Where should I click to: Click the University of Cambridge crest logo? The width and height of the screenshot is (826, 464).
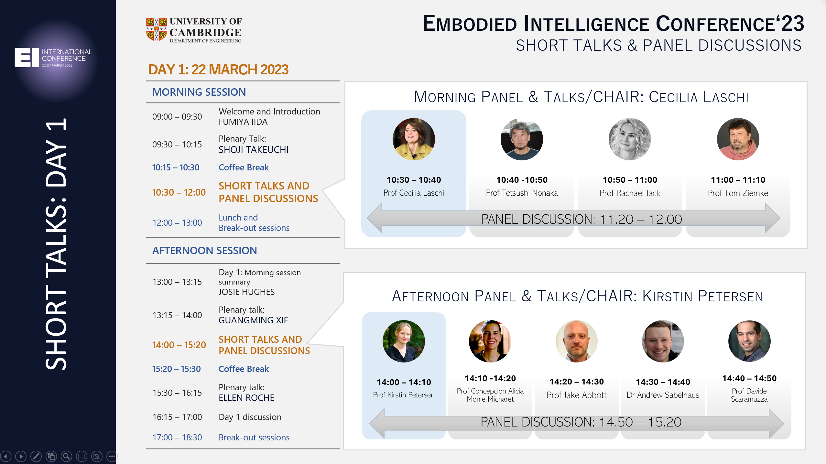click(x=157, y=29)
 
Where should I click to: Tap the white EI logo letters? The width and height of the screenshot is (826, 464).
click(x=27, y=58)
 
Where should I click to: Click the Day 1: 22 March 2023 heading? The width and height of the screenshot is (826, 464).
click(x=218, y=70)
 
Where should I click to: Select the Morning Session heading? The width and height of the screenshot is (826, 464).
click(x=199, y=92)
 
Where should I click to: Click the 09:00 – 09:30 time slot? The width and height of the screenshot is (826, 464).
click(x=177, y=117)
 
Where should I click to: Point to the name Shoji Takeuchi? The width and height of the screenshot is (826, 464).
click(x=254, y=150)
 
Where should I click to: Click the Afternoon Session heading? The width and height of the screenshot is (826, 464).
click(x=205, y=251)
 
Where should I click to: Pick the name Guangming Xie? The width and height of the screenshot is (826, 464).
click(x=253, y=320)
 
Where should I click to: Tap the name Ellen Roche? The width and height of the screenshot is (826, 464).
click(x=246, y=398)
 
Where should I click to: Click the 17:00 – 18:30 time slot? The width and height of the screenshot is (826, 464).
click(x=177, y=437)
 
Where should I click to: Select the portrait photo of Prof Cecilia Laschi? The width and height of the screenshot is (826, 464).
click(x=414, y=139)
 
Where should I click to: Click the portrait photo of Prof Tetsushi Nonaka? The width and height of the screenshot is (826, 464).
click(x=522, y=139)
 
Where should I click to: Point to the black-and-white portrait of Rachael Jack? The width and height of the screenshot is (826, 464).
click(x=630, y=139)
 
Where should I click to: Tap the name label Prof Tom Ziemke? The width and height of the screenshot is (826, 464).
click(x=738, y=193)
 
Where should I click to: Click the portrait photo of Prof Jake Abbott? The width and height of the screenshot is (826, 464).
click(x=577, y=341)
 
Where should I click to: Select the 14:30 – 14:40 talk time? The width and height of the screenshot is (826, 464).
click(x=663, y=382)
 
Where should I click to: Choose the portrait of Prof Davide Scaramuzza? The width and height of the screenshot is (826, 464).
click(x=749, y=341)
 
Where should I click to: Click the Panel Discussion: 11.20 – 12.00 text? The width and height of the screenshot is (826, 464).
click(x=581, y=219)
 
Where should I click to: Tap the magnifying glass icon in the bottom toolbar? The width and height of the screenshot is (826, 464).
click(x=66, y=456)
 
